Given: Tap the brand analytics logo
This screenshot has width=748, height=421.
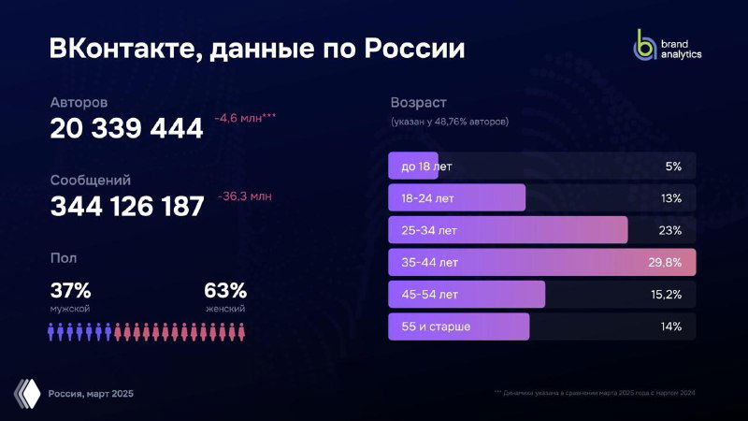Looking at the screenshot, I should click(668, 47).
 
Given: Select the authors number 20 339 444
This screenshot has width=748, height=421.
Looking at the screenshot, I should click(126, 129).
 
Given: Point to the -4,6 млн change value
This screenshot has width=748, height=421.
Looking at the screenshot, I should click(245, 119).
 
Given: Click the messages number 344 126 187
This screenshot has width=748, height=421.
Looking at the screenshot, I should click(126, 207).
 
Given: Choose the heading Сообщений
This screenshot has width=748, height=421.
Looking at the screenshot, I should click(90, 180).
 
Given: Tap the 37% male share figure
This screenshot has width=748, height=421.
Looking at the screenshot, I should click(70, 290).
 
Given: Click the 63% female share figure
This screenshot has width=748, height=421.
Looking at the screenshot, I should click(225, 290).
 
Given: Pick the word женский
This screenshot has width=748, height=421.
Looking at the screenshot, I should click(225, 308).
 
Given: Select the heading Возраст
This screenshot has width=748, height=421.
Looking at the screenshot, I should click(418, 102).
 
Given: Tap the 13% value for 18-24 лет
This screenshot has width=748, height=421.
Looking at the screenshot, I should click(671, 198).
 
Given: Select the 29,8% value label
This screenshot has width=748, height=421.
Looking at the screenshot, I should click(665, 263).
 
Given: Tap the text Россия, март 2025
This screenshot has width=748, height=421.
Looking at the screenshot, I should click(91, 394).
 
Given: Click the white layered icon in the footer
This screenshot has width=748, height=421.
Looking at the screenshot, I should click(29, 393).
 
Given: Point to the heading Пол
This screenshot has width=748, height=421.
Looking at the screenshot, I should click(64, 257).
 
